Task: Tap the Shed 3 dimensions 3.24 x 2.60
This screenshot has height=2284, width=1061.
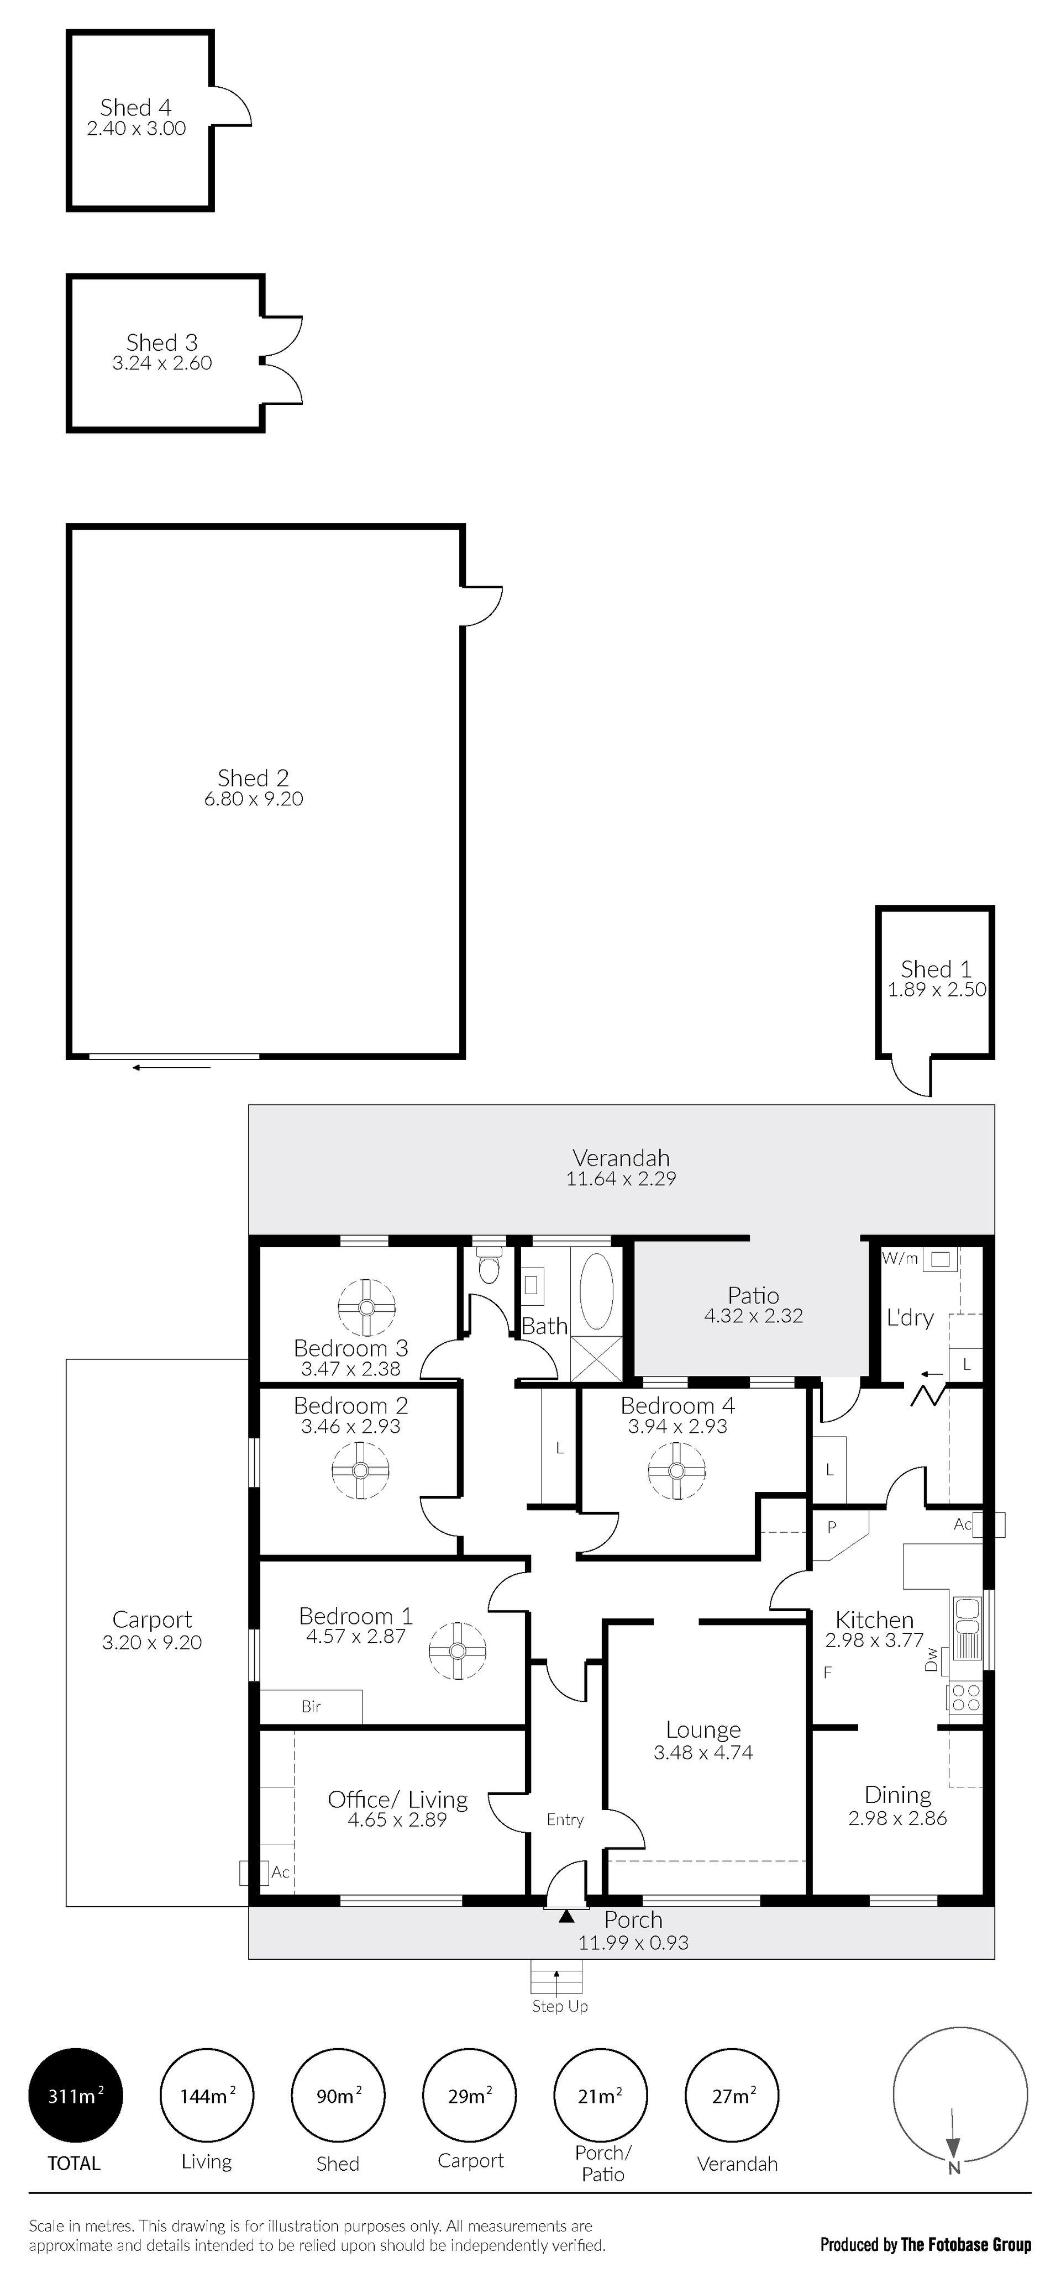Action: coord(162,363)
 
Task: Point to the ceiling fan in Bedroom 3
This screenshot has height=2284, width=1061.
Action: coord(366,1307)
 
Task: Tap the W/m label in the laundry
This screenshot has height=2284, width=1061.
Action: coord(900,1258)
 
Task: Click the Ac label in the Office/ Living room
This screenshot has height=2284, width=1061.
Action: coord(280,1872)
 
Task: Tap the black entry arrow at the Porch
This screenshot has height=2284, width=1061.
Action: coord(566,1916)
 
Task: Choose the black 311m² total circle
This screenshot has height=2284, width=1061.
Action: coord(75,2096)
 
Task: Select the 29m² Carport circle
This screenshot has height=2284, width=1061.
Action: coord(469,2096)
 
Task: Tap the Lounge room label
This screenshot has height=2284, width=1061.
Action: coord(703,1730)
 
